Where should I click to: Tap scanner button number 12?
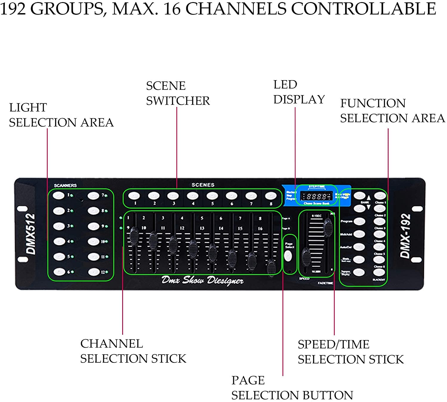click(94, 272)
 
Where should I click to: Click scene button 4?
click(193, 196)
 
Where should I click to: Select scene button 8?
click(271, 196)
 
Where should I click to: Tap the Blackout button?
click(379, 272)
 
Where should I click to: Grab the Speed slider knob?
click(306, 256)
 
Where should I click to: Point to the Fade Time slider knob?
click(328, 227)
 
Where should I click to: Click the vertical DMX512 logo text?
click(31, 234)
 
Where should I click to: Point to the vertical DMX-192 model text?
click(405, 236)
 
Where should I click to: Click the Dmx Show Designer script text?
click(202, 280)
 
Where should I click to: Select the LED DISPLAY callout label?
click(299, 92)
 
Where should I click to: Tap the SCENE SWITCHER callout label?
click(178, 93)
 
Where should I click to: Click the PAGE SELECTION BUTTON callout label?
click(292, 388)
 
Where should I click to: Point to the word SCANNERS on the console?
click(65, 185)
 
